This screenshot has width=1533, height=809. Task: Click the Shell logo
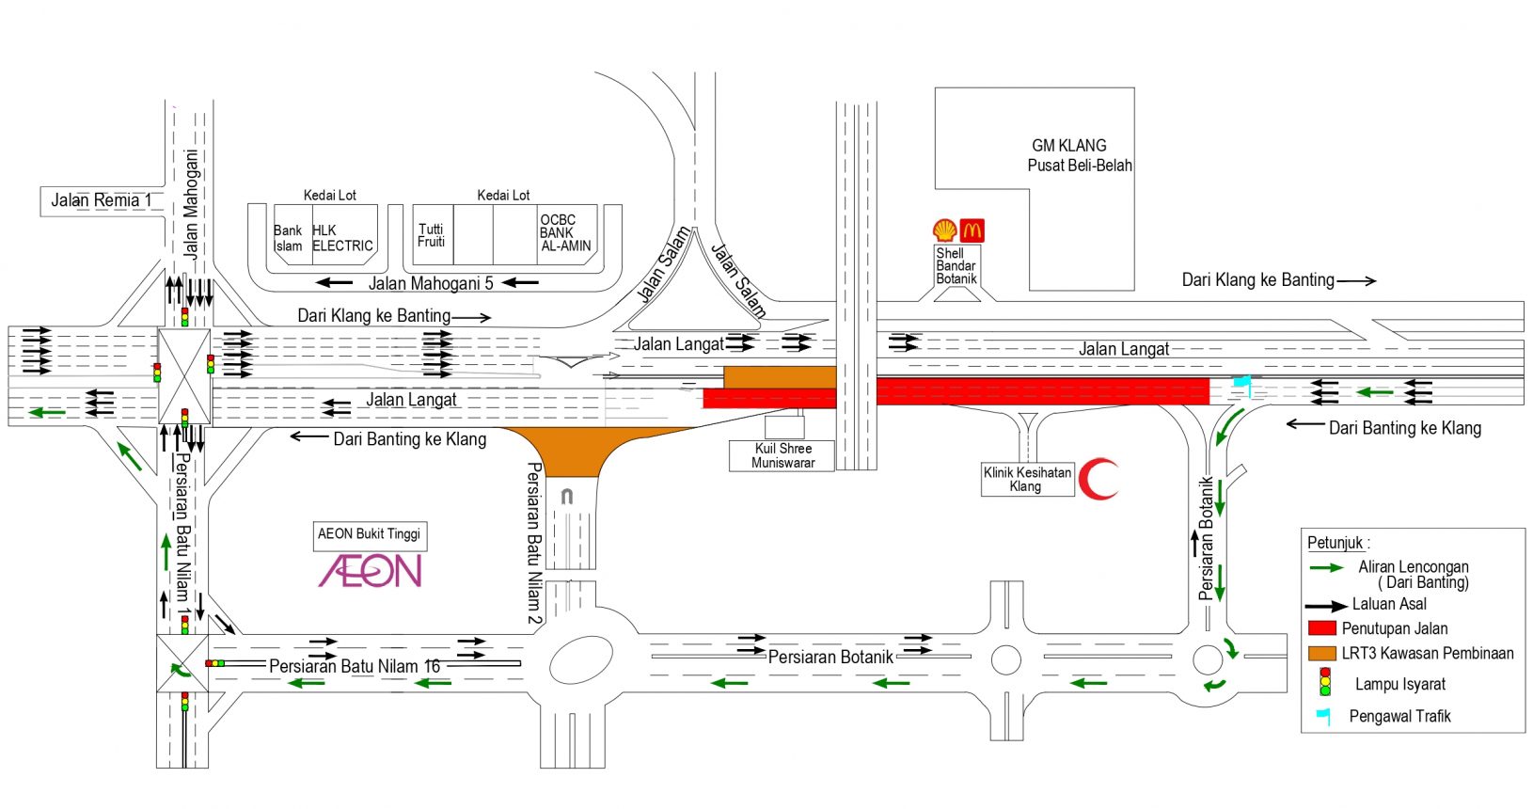pos(945,230)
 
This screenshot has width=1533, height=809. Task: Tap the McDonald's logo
pos(972,230)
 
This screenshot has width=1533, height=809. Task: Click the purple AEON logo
pos(371,571)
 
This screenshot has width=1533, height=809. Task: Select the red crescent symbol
pos(1098,479)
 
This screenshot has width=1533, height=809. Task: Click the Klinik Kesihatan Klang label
pos(1027,479)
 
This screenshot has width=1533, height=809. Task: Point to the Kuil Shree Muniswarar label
pos(782,456)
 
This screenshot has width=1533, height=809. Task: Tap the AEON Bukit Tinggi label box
pos(370,534)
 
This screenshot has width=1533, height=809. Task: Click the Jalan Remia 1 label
pos(102,200)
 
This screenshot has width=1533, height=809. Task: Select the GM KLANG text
pos(1069,146)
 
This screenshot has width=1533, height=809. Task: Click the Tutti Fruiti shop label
pos(431,235)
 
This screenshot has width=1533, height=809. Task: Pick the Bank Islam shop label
pos(288,238)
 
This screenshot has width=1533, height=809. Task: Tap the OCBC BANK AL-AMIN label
pos(565,233)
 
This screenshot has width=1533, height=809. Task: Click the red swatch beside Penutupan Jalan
pos(1322,628)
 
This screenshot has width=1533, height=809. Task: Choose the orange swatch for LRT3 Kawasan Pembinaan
pos(1322,653)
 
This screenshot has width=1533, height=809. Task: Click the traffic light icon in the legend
pos(1326,682)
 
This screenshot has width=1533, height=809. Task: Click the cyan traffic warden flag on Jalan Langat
pos(1242,386)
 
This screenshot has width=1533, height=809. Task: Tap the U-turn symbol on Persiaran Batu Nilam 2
pos(567,496)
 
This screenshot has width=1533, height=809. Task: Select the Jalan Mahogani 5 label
pos(431,283)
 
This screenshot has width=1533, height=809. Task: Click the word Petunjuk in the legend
pos(1335,544)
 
